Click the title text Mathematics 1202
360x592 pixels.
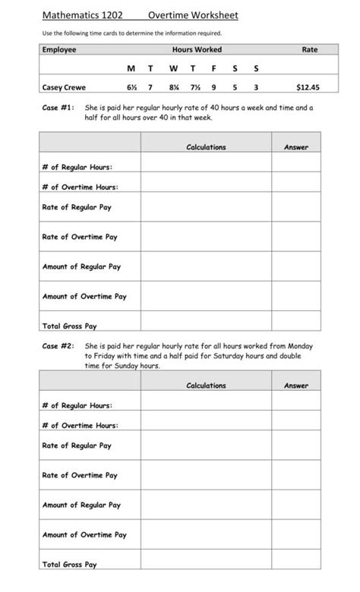(82, 14)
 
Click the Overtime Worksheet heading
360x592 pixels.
(193, 14)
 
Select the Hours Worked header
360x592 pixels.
(197, 49)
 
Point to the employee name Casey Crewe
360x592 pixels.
(63, 87)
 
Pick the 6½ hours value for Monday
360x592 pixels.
(131, 87)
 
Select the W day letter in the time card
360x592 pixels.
(174, 69)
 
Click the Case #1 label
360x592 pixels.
(58, 109)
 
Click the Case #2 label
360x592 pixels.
(58, 346)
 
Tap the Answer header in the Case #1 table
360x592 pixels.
(295, 147)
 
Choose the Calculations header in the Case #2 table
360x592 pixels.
(206, 386)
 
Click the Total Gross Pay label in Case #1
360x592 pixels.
(69, 326)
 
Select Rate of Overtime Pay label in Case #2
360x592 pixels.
(80, 475)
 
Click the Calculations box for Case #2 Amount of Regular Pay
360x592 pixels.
(206, 505)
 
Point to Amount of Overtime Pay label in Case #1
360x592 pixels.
(84, 297)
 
